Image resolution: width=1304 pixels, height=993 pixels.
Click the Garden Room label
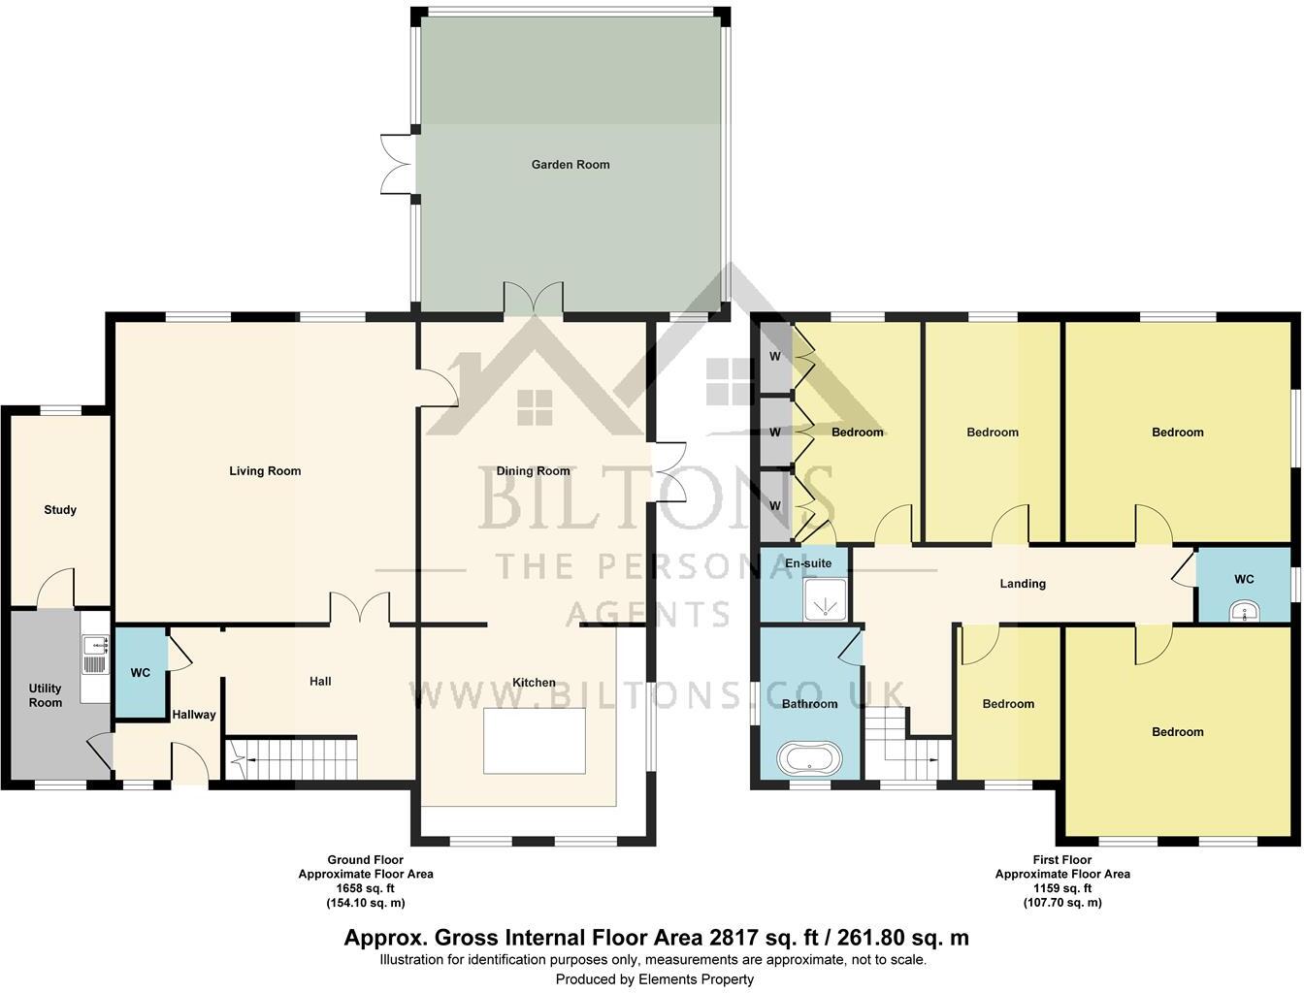570,165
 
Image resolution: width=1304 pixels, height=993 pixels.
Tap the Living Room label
265,471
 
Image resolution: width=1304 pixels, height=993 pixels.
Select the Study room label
60,510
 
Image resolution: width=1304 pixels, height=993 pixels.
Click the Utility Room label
46,695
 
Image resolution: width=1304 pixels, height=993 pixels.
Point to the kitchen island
535,741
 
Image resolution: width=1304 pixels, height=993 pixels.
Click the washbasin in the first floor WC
1244,611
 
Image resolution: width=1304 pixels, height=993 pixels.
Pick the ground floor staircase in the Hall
291,758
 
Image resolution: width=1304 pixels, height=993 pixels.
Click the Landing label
1023,584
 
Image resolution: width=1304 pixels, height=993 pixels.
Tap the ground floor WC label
141,673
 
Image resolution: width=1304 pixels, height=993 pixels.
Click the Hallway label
194,716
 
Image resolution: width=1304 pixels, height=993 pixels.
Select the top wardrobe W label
775,357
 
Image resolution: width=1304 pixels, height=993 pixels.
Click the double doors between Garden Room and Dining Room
534,299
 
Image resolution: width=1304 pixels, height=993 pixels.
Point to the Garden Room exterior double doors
398,163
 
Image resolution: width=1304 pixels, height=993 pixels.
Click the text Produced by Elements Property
654,979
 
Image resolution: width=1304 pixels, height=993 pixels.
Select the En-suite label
808,563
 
